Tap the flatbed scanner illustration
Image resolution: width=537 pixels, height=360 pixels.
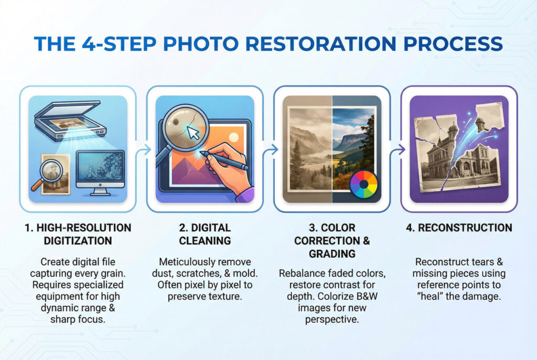click(70, 120)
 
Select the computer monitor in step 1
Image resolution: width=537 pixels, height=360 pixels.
click(100, 172)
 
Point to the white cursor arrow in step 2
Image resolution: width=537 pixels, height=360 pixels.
click(194, 133)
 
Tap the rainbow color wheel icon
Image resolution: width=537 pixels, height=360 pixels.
click(364, 184)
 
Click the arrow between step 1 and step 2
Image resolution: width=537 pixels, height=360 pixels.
click(143, 149)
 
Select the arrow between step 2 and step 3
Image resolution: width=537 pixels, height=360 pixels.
click(270, 149)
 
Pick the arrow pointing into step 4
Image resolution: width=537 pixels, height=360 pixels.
click(397, 149)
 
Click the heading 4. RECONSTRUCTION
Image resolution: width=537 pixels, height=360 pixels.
click(459, 227)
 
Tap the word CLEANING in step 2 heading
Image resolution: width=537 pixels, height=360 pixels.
click(205, 241)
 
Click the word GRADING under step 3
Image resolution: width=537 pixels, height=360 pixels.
click(332, 254)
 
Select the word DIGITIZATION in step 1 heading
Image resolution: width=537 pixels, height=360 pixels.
click(78, 241)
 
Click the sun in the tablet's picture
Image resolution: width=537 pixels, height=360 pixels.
click(233, 138)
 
